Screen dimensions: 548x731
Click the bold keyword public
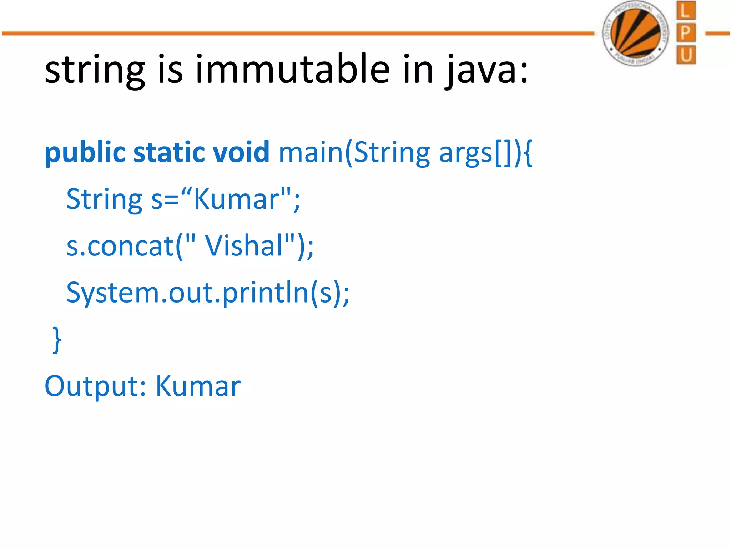pyautogui.click(x=85, y=152)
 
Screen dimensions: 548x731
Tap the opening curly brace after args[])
pyautogui.click(x=528, y=153)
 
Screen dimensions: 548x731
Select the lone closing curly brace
pyautogui.click(x=57, y=339)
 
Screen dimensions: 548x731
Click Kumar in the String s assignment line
pyautogui.click(x=236, y=199)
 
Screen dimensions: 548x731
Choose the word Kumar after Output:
pyautogui.click(x=198, y=386)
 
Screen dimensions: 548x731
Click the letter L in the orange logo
pyautogui.click(x=686, y=11)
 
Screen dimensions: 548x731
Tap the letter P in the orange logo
pyautogui.click(x=686, y=33)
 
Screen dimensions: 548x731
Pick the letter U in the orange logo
pyautogui.click(x=686, y=55)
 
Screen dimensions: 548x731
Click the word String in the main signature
pyautogui.click(x=392, y=153)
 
